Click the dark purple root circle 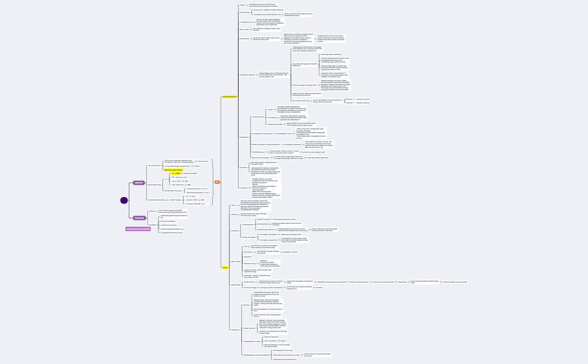click(124, 200)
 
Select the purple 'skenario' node click(139, 183)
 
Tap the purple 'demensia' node click(139, 218)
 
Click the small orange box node click(217, 182)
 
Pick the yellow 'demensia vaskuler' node click(230, 96)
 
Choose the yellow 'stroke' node click(225, 268)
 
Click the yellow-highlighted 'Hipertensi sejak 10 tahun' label click(173, 170)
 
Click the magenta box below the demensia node click(138, 228)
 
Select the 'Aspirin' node click(270, 110)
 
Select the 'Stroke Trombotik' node click(263, 219)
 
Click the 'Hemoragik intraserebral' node click(269, 234)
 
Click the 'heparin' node click(283, 340)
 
